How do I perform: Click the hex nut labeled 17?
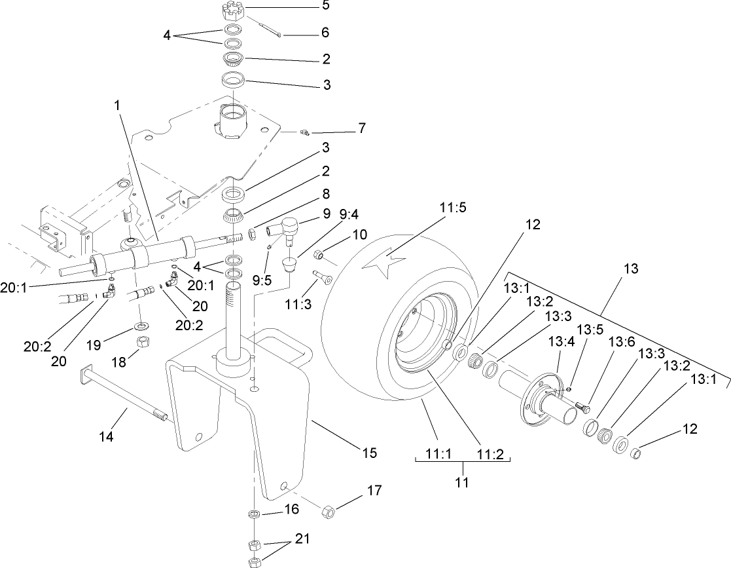[330, 510]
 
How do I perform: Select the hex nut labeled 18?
[143, 342]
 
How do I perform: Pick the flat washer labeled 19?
[141, 326]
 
